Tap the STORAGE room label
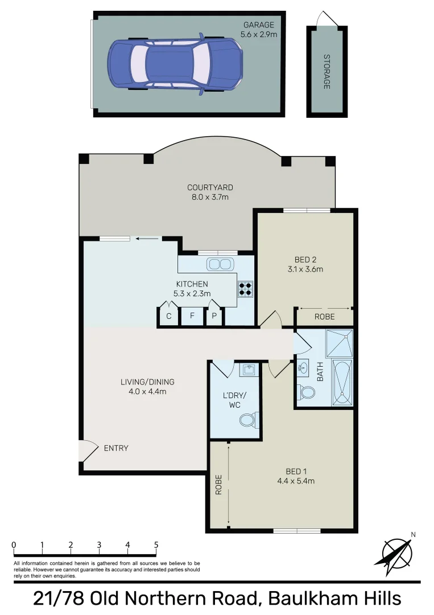(326, 72)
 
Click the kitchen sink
(220, 264)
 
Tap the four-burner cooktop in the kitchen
(246, 289)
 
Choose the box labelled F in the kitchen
(192, 316)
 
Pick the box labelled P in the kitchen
(215, 316)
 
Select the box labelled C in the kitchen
(168, 316)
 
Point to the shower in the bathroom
(338, 343)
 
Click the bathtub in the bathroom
(342, 383)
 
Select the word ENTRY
(116, 448)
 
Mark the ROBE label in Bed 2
(324, 317)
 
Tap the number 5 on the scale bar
(156, 545)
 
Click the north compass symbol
(396, 555)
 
